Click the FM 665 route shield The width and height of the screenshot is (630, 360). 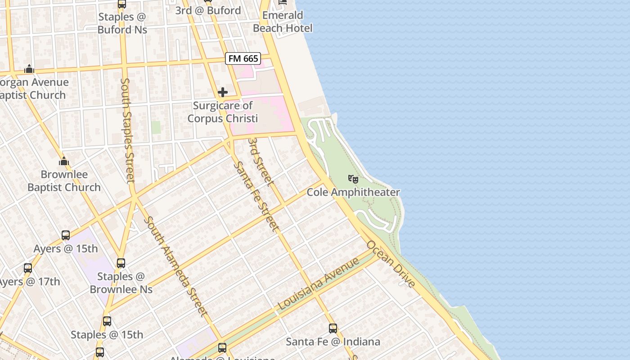point(243,58)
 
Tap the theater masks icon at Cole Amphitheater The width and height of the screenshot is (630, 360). point(353,179)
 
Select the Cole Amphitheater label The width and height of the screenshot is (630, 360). point(353,192)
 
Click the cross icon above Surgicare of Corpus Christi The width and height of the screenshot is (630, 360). point(222,92)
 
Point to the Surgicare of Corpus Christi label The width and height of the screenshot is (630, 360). point(222,112)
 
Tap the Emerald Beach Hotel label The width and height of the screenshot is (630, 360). point(283,22)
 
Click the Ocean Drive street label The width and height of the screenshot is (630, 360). point(391,264)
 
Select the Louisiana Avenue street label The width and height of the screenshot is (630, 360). point(319,283)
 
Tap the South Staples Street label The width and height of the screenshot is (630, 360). point(128,130)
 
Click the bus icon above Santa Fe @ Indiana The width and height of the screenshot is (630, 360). point(333,328)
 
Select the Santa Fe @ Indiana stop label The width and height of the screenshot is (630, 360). point(333,342)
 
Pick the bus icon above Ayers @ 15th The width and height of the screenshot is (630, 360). point(66,235)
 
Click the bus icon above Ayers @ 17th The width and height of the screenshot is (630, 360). point(28,268)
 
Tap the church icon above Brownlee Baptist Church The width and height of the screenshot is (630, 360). point(64,161)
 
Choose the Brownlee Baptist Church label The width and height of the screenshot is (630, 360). point(64,181)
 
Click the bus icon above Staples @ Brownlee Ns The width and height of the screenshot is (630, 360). point(121,263)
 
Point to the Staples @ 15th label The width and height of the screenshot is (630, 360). point(107,335)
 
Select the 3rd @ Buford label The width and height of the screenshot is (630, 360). point(208,10)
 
